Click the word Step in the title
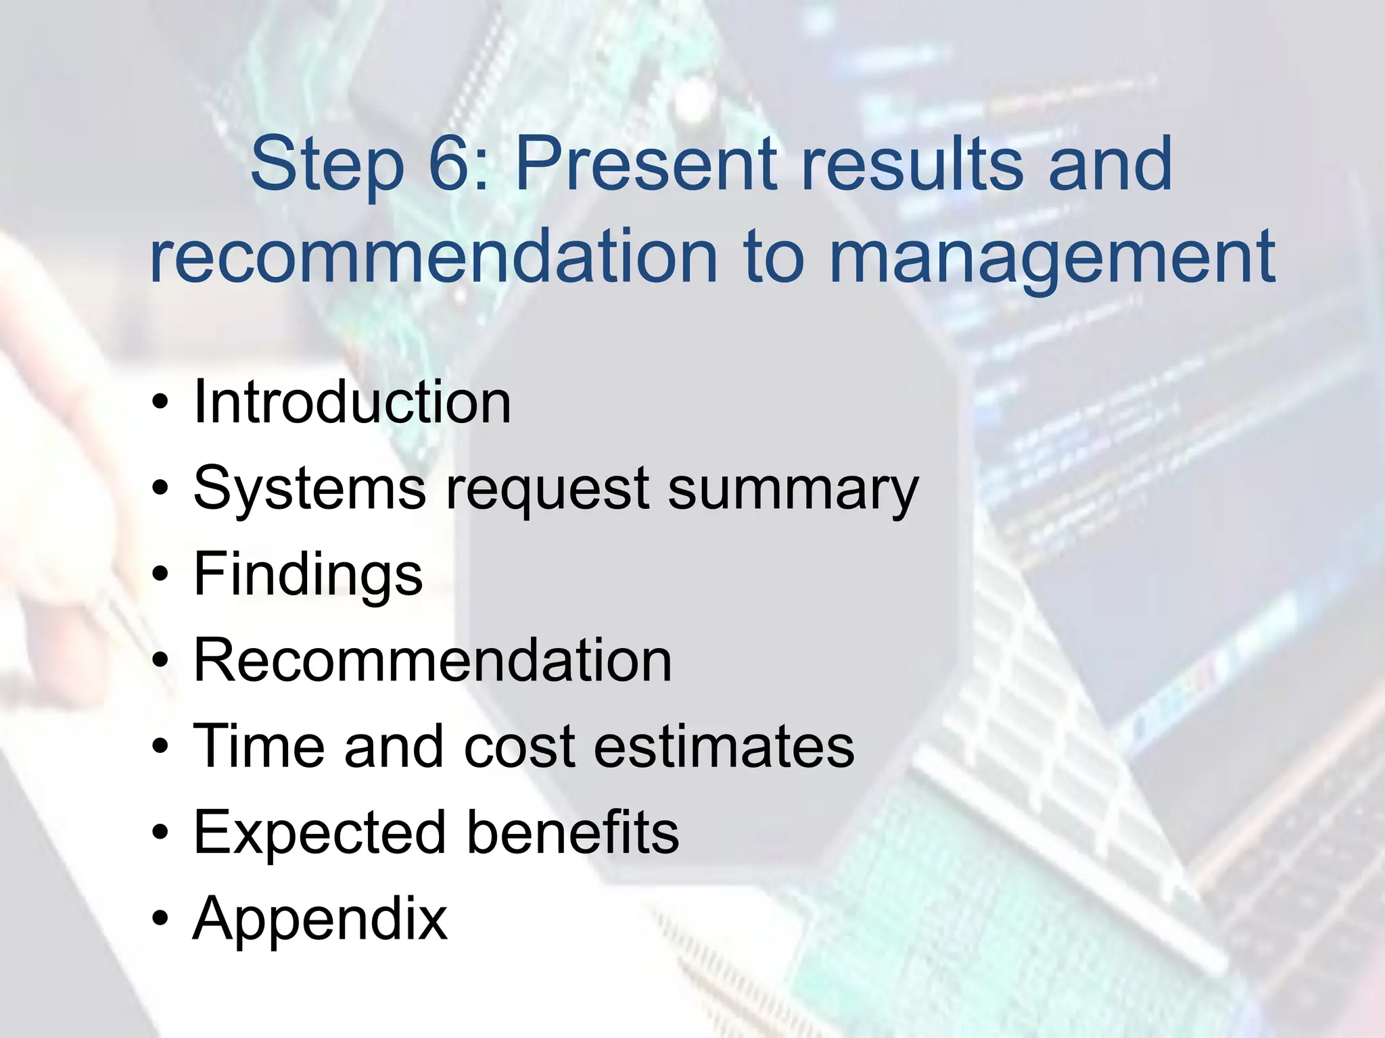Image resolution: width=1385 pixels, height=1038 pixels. (x=327, y=164)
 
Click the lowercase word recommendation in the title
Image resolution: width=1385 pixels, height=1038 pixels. (x=433, y=257)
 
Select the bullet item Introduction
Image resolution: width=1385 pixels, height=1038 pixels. (x=352, y=403)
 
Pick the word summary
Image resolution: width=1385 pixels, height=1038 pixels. (x=793, y=489)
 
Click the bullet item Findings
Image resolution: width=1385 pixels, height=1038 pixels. (x=308, y=575)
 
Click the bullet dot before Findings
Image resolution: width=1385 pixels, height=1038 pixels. (x=160, y=575)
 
